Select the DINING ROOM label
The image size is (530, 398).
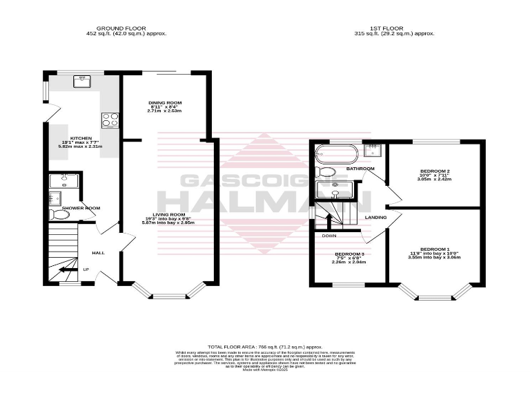[x=164, y=102]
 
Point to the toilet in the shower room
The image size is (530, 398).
[x=60, y=216]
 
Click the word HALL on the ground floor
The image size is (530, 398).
[x=98, y=253]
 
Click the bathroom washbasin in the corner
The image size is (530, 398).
[x=375, y=148]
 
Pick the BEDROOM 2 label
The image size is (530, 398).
[x=435, y=171]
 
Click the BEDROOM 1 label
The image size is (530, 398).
[x=435, y=249]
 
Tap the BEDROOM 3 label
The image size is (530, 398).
[x=349, y=254]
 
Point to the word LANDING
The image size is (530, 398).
[x=376, y=218]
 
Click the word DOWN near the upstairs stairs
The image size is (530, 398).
[x=330, y=235]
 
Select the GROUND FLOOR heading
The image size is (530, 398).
[x=126, y=28]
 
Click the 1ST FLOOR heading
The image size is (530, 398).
[x=394, y=28]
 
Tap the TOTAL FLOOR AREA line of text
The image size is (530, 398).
[x=265, y=346]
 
